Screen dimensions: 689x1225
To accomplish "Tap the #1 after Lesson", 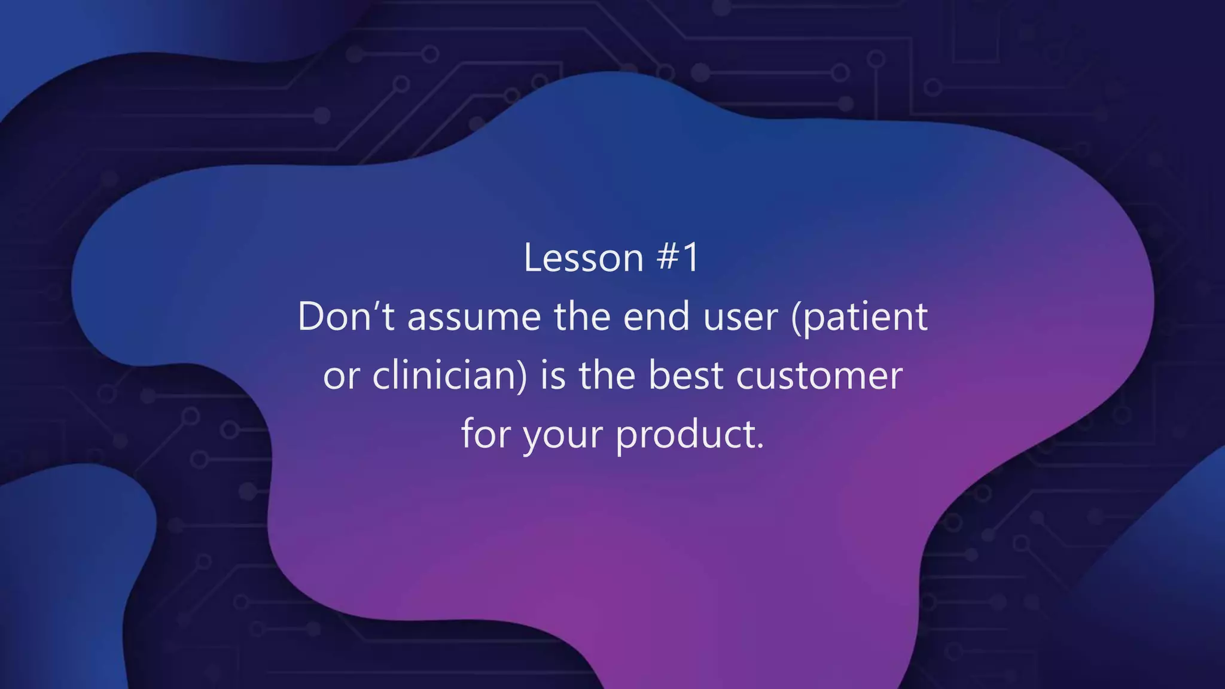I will [x=677, y=258].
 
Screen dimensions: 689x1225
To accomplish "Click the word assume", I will [x=474, y=317].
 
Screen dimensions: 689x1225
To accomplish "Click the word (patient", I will [x=859, y=317].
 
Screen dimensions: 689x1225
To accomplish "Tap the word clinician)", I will [x=450, y=376].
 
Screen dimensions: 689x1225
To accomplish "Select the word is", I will [x=553, y=376].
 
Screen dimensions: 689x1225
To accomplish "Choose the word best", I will [x=685, y=376].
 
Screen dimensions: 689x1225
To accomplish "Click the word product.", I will [x=685, y=435].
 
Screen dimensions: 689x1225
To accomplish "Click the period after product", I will [x=760, y=446].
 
